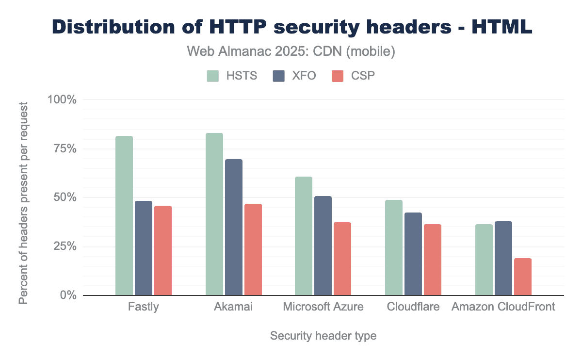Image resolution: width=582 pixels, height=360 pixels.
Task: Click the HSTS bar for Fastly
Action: [x=124, y=215]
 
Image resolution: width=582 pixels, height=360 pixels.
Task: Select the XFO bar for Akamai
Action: [x=233, y=227]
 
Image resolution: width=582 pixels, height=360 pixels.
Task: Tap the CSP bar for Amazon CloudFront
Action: [x=523, y=277]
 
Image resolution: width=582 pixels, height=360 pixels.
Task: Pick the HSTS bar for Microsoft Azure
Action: [x=304, y=236]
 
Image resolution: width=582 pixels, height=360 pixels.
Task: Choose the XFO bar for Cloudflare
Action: [x=413, y=254]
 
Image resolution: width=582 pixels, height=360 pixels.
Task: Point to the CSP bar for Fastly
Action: [x=163, y=250]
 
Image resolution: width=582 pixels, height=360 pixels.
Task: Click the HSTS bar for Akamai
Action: [x=214, y=214]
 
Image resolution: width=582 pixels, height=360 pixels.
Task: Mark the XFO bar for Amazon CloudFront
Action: [x=503, y=258]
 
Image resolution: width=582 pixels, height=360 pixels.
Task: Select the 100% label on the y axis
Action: [x=62, y=100]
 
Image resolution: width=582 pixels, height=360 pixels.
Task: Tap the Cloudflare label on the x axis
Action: [x=413, y=307]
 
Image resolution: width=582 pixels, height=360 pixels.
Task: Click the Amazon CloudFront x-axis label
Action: [x=503, y=307]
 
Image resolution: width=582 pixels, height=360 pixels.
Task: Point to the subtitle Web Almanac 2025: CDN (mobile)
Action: [x=291, y=51]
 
